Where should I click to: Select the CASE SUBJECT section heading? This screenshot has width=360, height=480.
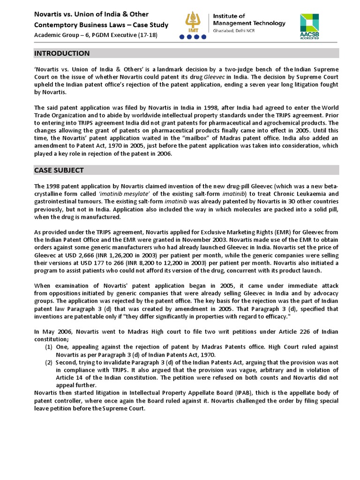(x=59, y=170)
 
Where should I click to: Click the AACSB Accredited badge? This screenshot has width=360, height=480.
(x=309, y=26)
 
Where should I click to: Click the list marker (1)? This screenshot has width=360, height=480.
(x=49, y=347)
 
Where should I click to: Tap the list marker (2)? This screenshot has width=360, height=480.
(x=49, y=362)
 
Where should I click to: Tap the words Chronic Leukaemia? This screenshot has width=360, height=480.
(x=296, y=194)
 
